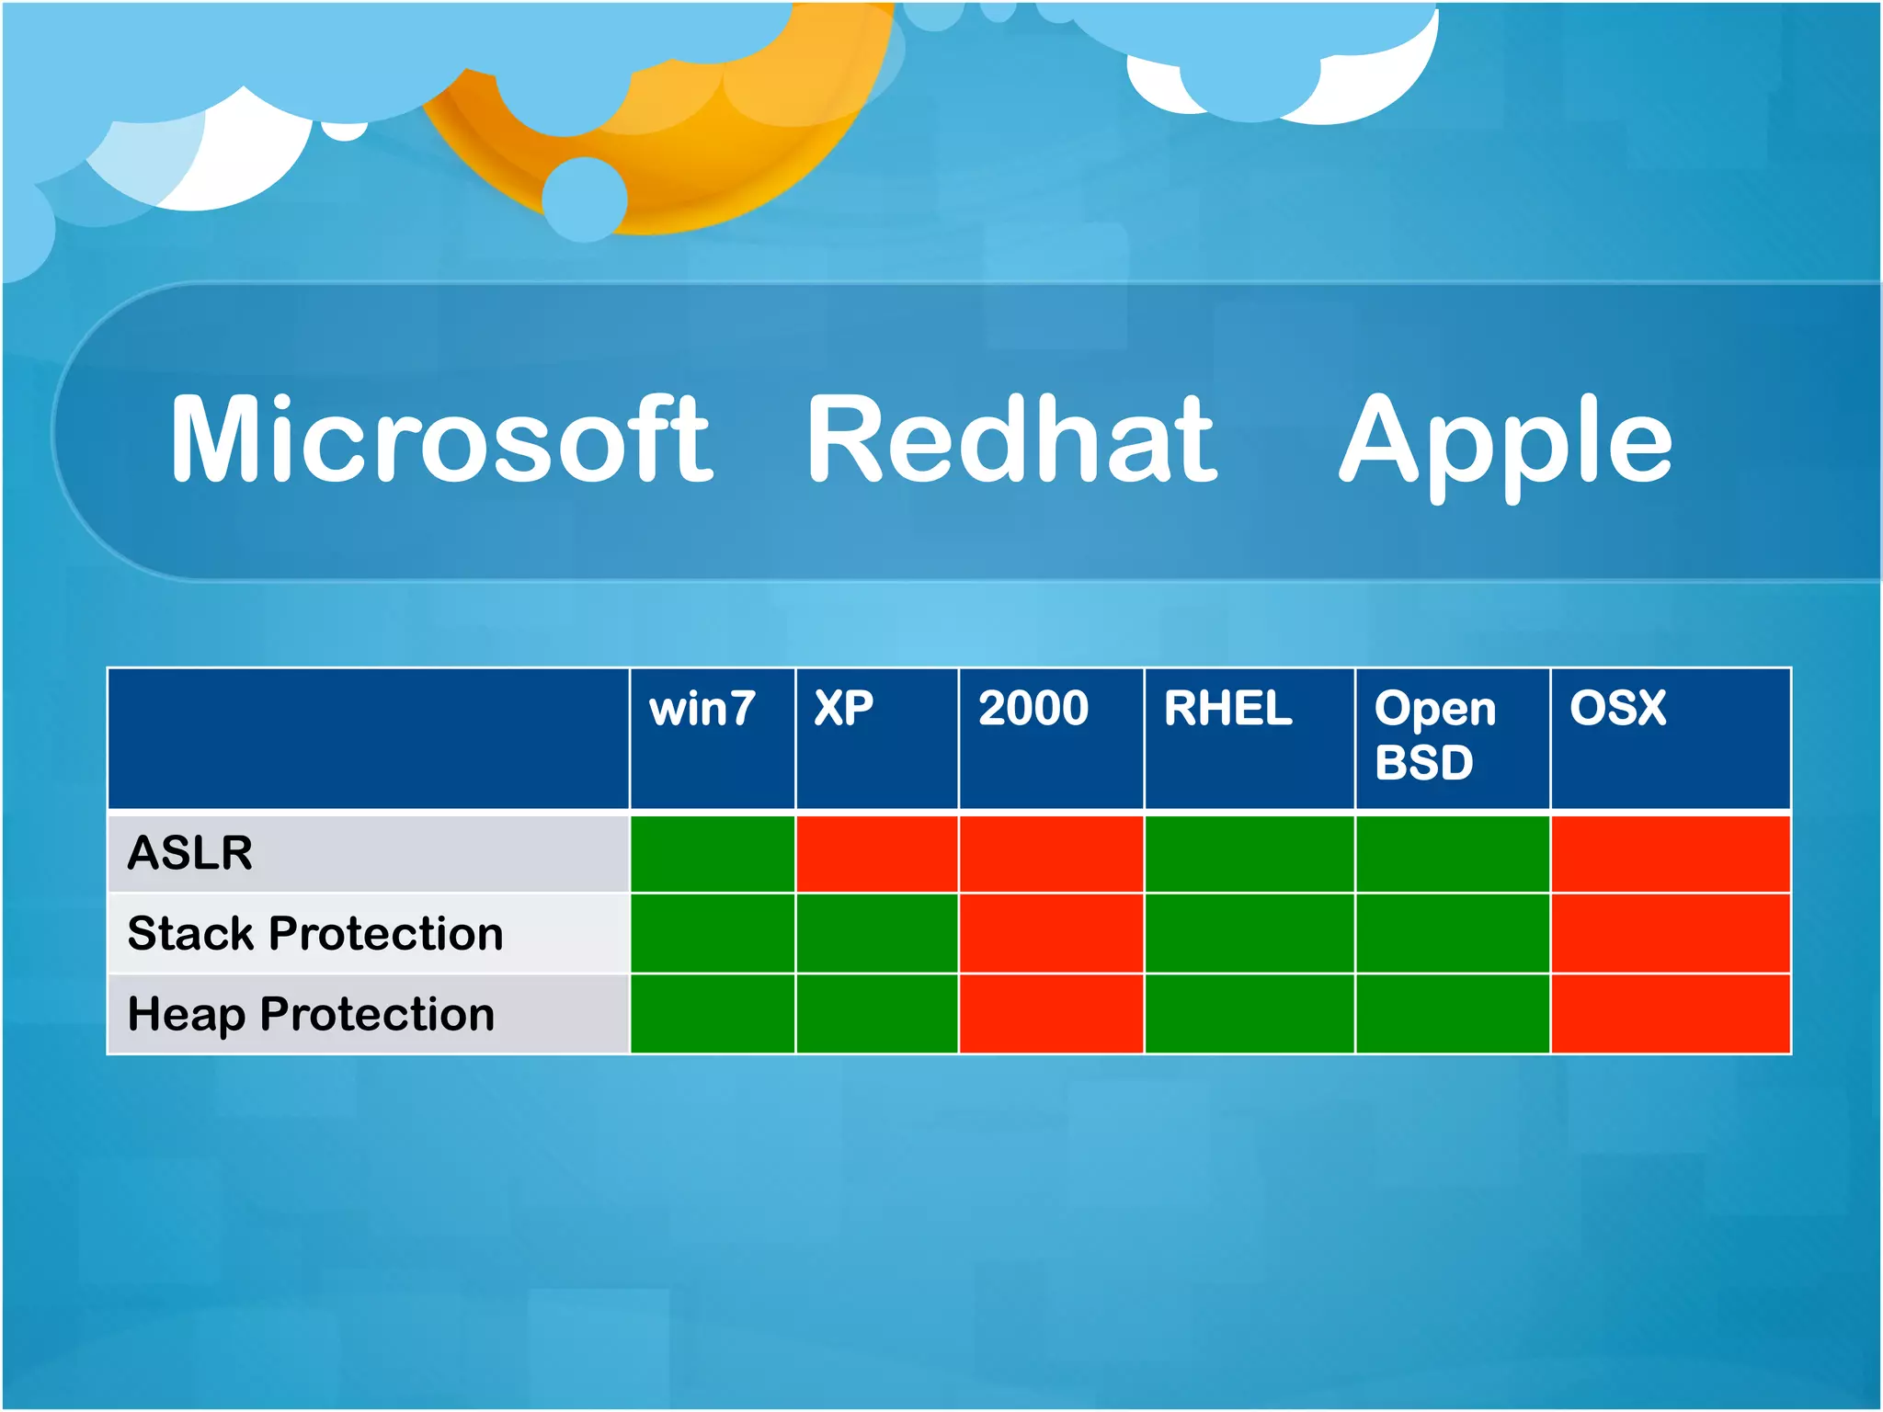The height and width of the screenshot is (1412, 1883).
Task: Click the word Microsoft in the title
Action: tap(441, 438)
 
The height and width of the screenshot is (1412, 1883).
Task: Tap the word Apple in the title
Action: tap(1505, 441)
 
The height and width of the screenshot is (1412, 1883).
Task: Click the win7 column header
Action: tap(702, 709)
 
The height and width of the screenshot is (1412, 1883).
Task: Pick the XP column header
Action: tap(843, 708)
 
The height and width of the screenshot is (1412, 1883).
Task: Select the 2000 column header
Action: tap(1033, 708)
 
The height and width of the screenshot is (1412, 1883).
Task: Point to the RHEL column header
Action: tap(1227, 708)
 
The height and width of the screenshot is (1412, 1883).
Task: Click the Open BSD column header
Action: tap(1434, 734)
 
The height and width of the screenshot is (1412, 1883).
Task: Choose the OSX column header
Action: tap(1617, 708)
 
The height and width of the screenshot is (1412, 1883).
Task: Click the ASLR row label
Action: tap(190, 852)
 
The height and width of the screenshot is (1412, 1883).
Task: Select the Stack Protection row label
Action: tap(315, 933)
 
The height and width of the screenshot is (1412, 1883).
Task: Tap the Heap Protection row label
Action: tap(311, 1014)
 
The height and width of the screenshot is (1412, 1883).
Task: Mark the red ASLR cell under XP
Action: tap(876, 853)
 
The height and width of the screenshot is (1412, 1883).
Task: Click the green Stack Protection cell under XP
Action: tap(876, 933)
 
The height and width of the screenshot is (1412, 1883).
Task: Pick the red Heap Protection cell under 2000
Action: tap(1051, 1014)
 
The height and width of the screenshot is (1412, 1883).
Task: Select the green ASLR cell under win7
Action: tap(712, 853)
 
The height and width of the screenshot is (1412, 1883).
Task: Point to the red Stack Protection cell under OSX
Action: tap(1670, 933)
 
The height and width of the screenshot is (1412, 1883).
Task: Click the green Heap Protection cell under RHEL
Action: tap(1249, 1014)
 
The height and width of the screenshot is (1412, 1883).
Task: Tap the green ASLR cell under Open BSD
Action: tap(1452, 853)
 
